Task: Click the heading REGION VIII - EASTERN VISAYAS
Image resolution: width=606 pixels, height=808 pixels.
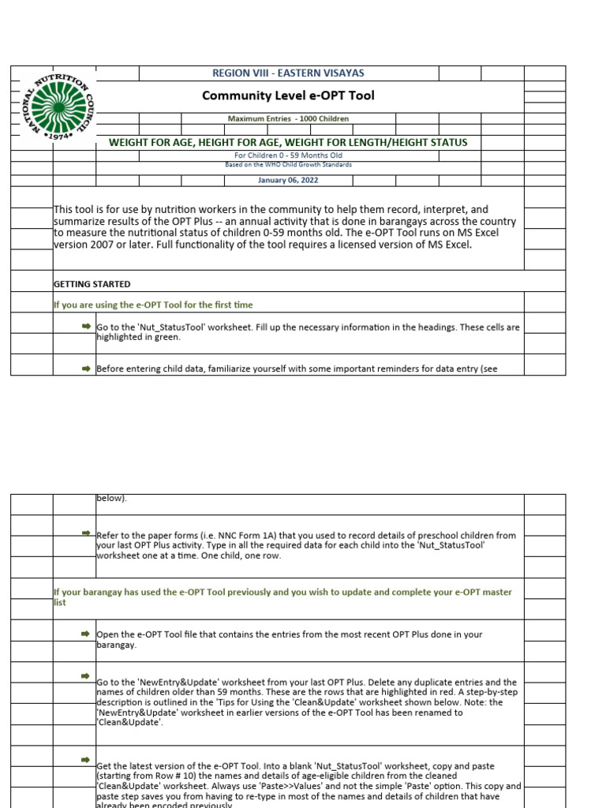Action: coord(288,73)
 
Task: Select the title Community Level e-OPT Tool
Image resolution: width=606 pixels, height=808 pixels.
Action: coord(288,96)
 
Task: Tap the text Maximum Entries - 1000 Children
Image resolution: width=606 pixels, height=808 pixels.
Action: coord(288,118)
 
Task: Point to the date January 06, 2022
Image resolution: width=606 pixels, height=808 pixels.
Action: coord(288,180)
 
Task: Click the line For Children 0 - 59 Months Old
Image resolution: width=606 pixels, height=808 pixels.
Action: coord(288,155)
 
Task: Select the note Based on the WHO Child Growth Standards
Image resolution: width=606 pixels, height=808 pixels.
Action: coord(288,164)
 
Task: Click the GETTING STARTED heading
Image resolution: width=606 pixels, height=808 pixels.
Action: coord(92,284)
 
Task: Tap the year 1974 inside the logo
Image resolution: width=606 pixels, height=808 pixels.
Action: coord(60,136)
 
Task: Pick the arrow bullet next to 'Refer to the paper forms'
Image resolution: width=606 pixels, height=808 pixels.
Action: coord(86,534)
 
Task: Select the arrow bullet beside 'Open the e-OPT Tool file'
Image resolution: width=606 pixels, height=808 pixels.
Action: coord(86,634)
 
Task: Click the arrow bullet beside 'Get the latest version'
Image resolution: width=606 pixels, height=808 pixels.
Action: coord(86,760)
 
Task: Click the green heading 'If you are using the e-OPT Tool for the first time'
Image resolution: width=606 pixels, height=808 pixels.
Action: coord(152,305)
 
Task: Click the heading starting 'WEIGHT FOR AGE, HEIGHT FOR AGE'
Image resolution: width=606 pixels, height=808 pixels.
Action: coord(288,142)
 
